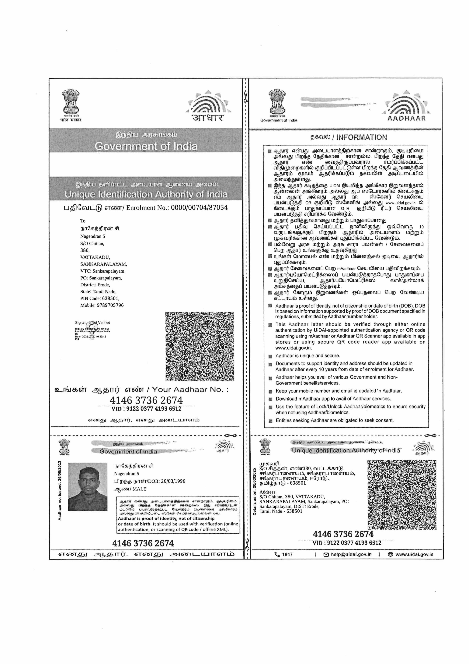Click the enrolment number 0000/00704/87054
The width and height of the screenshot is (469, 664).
(199, 208)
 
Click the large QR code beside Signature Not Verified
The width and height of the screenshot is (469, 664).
(200, 346)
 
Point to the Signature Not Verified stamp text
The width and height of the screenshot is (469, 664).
(92, 323)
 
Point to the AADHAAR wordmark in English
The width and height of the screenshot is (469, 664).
(406, 118)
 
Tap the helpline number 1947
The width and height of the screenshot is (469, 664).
(287, 554)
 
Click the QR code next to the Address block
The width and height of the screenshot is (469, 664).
(402, 495)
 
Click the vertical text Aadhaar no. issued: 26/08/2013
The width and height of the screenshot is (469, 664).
(60, 490)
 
